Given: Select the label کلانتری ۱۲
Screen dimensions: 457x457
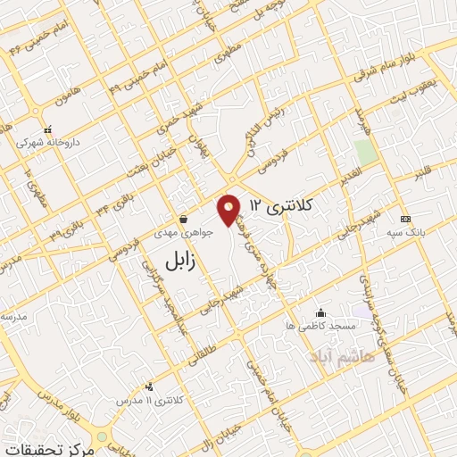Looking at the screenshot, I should [x=282, y=205].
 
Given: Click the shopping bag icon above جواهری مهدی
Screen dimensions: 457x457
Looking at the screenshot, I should [x=183, y=218].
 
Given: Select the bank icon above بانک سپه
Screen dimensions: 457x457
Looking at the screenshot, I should [x=406, y=220].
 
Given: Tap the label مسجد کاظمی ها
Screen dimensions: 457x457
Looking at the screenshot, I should [x=321, y=327].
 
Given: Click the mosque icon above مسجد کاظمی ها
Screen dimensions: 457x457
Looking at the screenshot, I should [x=321, y=313].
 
